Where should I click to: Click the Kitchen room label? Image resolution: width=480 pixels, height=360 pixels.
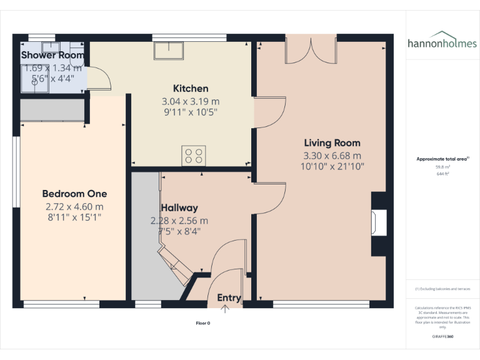tap(191, 89)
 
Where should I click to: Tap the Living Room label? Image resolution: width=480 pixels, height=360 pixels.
tap(332, 143)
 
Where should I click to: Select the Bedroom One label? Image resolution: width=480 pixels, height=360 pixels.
tap(74, 194)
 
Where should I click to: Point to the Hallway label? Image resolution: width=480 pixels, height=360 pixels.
tap(179, 208)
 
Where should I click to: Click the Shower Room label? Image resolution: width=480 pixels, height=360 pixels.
tap(52, 55)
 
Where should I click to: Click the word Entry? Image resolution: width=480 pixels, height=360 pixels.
tap(229, 297)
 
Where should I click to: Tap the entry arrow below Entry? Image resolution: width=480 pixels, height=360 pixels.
tap(225, 307)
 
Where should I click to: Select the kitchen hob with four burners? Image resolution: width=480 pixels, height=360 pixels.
tap(193, 156)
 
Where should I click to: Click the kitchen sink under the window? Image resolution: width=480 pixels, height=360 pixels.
tap(169, 50)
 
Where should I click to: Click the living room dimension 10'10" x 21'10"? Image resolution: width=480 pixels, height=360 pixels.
tap(332, 167)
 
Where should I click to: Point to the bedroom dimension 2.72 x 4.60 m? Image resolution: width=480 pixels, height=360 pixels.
tap(74, 206)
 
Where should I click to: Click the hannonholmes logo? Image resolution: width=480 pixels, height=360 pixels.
tap(442, 41)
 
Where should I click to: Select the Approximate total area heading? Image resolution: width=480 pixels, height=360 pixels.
tap(442, 159)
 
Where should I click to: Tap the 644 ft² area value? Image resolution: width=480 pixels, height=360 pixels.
tap(442, 174)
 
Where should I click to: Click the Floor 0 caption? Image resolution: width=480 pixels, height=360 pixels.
tap(203, 323)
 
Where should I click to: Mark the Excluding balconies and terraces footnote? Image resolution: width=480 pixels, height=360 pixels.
tap(442, 289)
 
